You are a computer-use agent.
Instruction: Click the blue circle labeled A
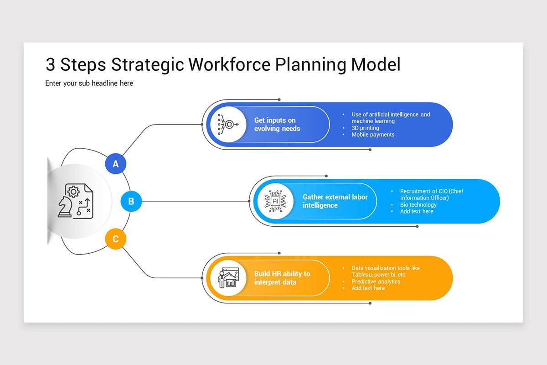click(116, 164)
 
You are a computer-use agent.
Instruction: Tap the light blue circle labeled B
click(131, 201)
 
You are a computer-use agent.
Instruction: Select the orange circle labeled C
click(116, 239)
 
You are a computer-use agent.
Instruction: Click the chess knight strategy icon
click(75, 201)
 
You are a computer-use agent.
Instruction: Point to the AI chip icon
click(275, 201)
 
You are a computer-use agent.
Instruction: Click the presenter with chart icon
click(228, 278)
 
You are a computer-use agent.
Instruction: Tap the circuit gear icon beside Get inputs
click(228, 125)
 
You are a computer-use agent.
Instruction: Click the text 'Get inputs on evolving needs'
click(277, 125)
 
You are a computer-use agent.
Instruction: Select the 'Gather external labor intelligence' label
click(335, 201)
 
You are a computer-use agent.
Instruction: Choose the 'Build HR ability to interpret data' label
click(282, 278)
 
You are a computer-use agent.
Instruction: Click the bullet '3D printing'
click(365, 128)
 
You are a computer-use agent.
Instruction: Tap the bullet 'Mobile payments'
click(373, 135)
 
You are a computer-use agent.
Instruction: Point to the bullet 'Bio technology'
click(418, 205)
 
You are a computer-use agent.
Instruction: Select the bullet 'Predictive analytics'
click(376, 282)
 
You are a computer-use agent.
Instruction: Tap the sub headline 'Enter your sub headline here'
click(89, 83)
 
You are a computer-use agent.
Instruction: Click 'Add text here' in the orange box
click(368, 288)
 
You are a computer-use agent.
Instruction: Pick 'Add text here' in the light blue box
click(417, 211)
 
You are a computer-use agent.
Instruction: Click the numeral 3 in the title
click(50, 65)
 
